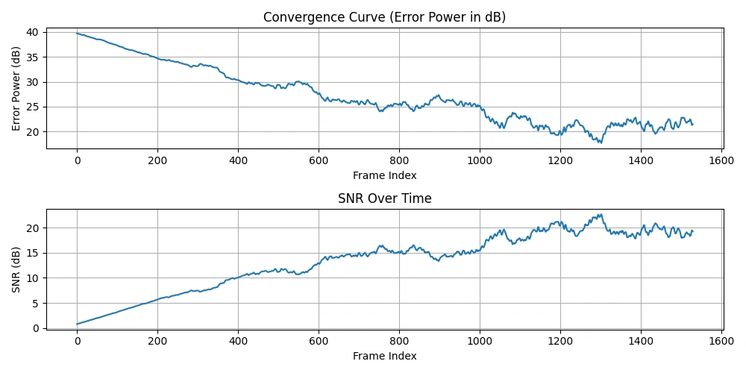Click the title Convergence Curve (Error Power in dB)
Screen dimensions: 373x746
[x=384, y=17]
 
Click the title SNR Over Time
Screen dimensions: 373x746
[x=384, y=198]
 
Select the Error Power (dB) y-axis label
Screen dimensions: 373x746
[x=16, y=89]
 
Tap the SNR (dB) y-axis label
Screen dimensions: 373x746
[x=16, y=270]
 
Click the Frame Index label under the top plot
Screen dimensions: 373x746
[x=384, y=175]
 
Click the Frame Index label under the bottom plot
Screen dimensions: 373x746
[x=384, y=357]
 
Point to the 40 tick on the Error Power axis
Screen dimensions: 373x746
[x=32, y=32]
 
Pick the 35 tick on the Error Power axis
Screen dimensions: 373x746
[x=32, y=57]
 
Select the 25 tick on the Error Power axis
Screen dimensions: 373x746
[x=32, y=107]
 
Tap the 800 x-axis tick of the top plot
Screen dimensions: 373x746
[x=399, y=160]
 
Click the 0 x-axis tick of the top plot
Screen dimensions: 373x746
[x=77, y=160]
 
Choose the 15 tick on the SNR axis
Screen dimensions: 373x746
[x=32, y=253]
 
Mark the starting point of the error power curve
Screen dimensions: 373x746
[x=77, y=33]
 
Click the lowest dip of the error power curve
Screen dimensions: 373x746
[x=599, y=142]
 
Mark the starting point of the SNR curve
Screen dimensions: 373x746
[x=77, y=324]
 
